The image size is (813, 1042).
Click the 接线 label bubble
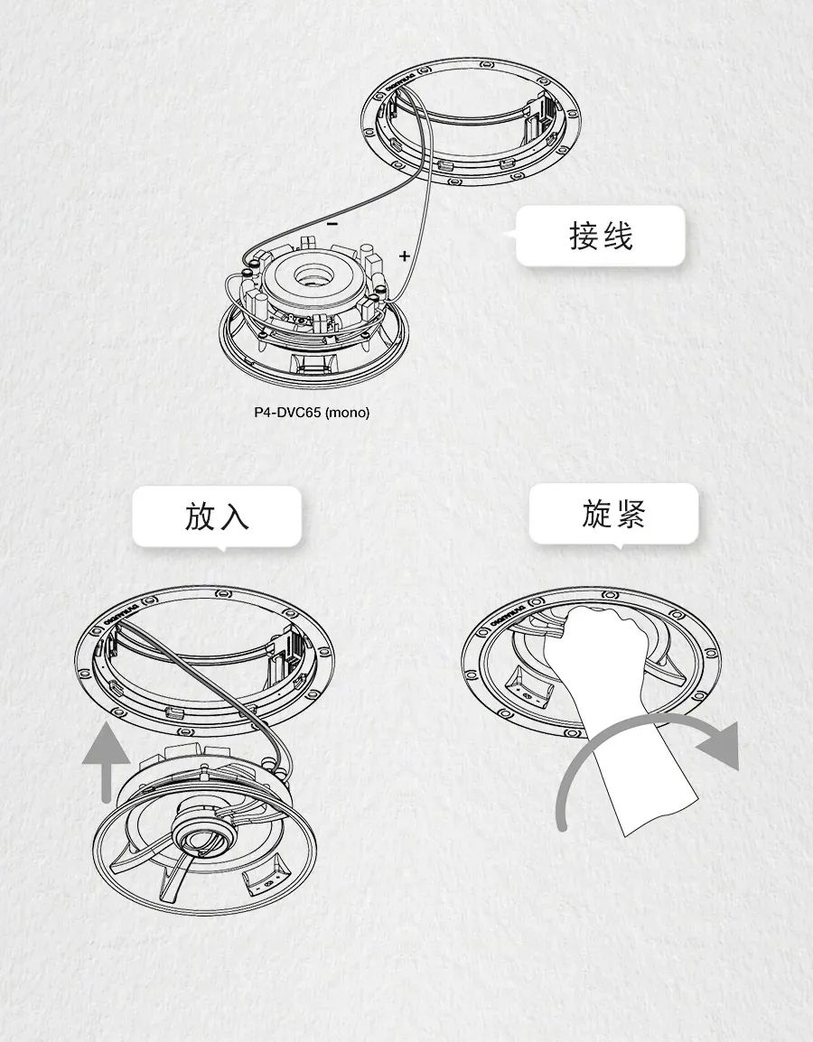600,236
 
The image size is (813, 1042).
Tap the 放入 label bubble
217,516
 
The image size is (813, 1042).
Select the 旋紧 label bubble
613,513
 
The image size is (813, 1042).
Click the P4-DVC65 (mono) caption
312,413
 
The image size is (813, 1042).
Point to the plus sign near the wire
404,256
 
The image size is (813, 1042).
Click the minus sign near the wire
332,223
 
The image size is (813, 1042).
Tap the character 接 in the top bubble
584,236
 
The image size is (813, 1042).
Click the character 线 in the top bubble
617,236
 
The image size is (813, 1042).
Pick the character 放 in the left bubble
201,516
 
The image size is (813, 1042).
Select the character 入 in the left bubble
233,516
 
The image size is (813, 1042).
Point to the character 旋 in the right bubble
597,513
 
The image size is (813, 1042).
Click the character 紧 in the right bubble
630,513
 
